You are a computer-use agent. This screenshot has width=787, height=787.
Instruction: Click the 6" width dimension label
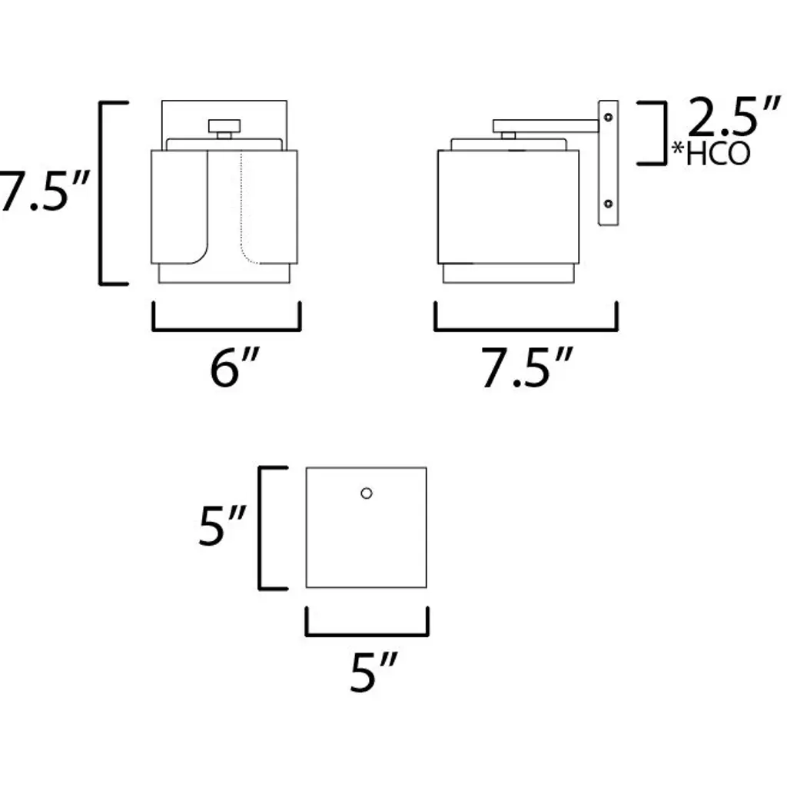pos(235,367)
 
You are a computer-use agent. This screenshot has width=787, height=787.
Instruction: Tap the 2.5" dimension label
pos(734,117)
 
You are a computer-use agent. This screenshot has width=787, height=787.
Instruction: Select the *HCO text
pos(711,154)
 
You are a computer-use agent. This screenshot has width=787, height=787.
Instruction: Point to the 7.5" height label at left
pos(44,191)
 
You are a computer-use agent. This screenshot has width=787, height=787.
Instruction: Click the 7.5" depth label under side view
pos(527,367)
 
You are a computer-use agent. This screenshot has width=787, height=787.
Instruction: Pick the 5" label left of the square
pos(222,526)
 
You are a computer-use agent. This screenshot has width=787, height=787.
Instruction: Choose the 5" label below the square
pos(374,672)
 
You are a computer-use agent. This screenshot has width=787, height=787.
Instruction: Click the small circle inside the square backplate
pos(367,493)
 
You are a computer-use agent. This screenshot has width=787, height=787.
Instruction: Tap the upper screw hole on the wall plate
pos(608,118)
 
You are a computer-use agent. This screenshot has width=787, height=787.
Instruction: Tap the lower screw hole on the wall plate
pos(608,204)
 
